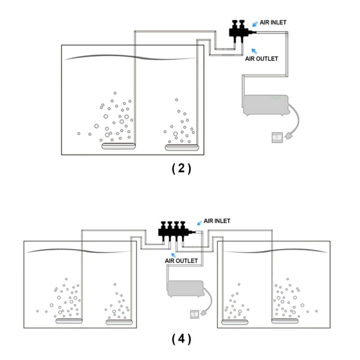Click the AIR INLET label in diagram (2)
coord(273,22)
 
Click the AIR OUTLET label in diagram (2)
coord(261,58)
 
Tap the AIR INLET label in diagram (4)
coord(217,221)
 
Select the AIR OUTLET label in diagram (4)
coord(181,260)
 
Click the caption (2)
coord(181,168)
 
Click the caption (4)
coord(181,339)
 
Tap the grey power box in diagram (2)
coord(277,138)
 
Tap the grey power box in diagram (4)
coord(194,314)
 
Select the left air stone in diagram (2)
coord(118,146)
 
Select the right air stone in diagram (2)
coord(182,147)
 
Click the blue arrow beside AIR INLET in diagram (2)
coord(255,24)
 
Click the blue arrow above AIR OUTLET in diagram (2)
coord(254,50)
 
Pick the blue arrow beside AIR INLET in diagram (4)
coord(199,223)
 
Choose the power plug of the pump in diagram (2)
coord(288,136)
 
